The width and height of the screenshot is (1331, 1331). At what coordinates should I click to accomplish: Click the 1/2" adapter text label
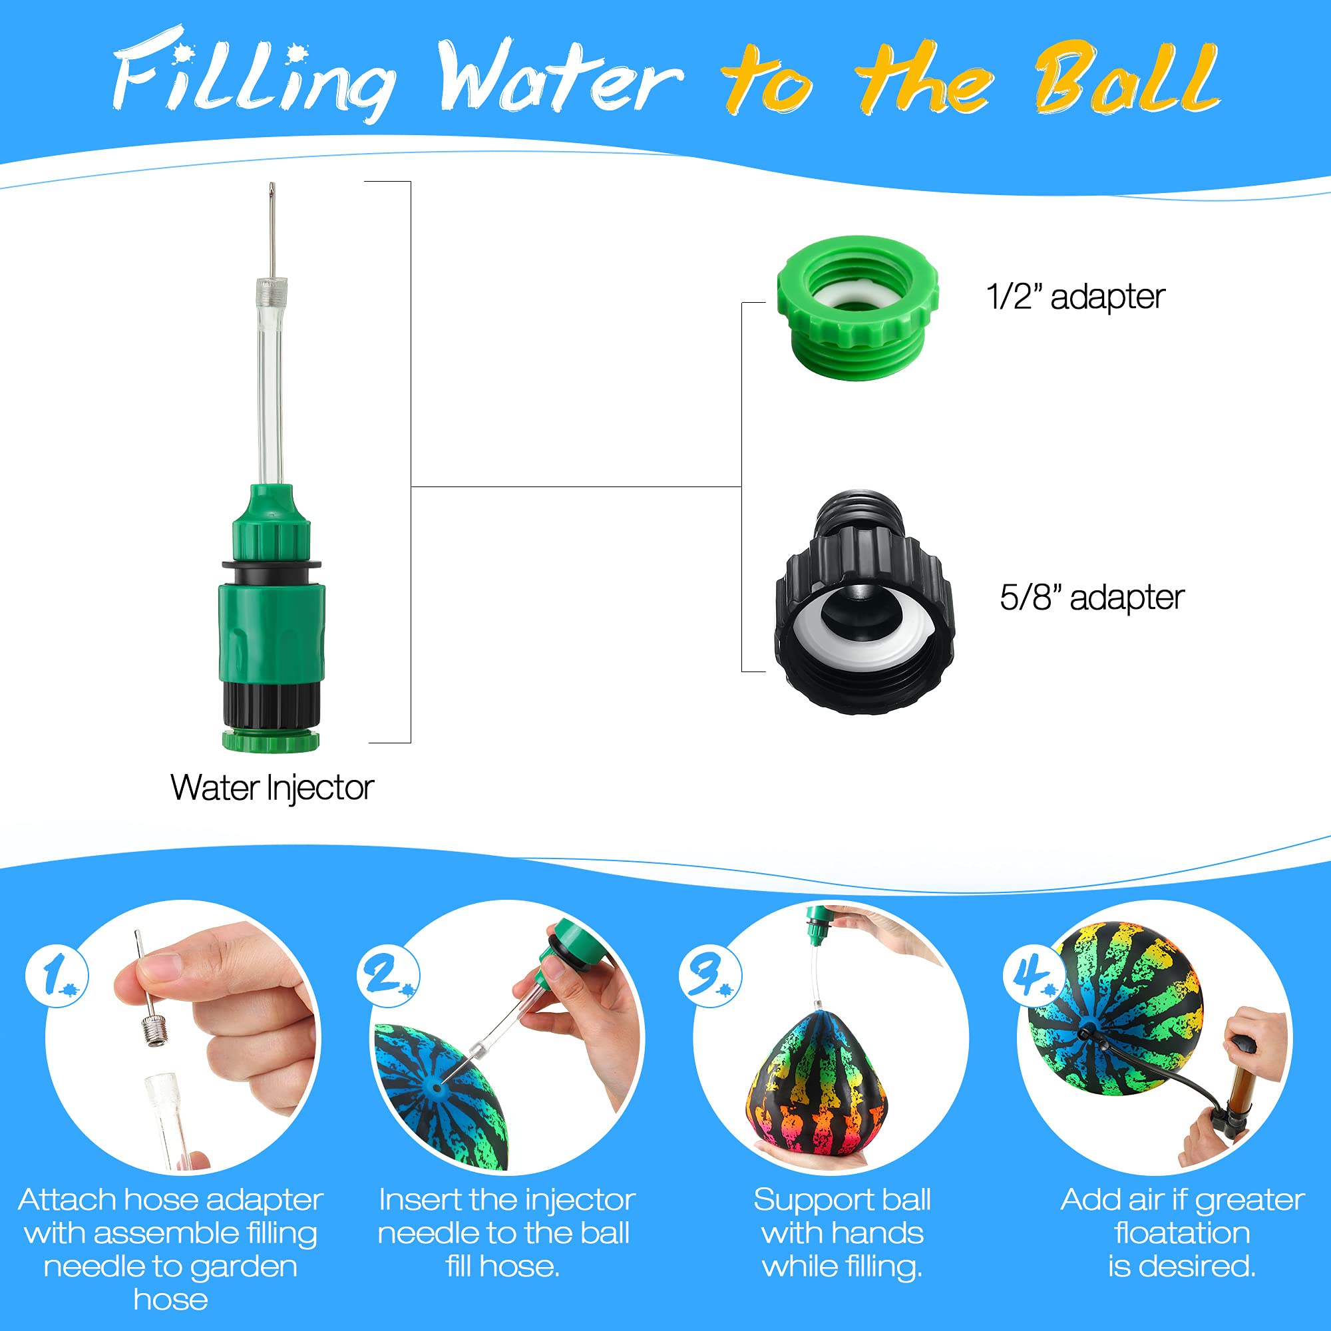coord(1075,297)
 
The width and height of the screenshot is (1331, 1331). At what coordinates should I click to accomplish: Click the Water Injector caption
coord(272,787)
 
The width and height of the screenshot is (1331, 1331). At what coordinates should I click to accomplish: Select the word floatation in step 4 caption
coord(1182,1233)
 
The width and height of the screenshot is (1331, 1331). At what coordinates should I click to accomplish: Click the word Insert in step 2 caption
coord(419,1199)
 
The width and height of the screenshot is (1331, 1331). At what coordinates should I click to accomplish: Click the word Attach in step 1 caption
coord(67,1199)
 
